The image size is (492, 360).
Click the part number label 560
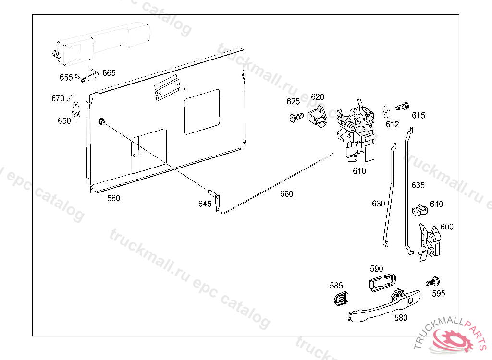click(x=113, y=198)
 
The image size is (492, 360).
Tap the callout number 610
click(x=359, y=171)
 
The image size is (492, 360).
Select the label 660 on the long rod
click(x=286, y=194)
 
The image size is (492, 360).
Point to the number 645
click(x=205, y=204)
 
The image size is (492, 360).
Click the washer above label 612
click(x=385, y=111)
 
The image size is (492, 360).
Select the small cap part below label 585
click(x=340, y=299)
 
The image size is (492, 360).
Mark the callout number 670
click(x=58, y=98)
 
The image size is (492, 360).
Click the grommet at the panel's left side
click(x=102, y=121)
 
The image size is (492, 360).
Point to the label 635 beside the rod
click(x=418, y=185)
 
